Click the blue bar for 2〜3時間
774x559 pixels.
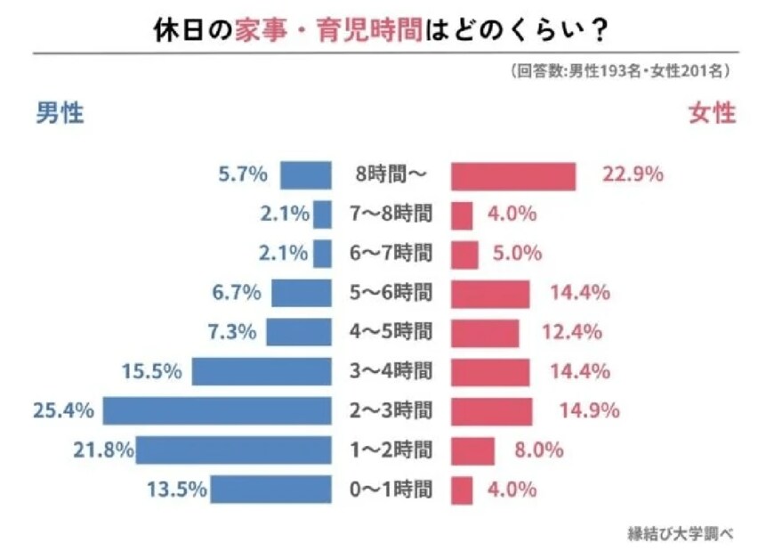tap(216, 410)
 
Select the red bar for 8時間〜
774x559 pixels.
tap(513, 175)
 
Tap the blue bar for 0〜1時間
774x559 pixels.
tap(270, 489)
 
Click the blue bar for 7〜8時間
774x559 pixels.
tap(322, 215)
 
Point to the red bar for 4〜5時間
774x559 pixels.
tap(485, 332)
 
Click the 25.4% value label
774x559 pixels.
tap(63, 410)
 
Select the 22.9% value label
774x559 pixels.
tap(633, 174)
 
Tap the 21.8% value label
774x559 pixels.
tap(103, 450)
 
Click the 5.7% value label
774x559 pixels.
tap(243, 174)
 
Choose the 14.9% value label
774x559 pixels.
tap(588, 410)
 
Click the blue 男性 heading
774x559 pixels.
tap(60, 114)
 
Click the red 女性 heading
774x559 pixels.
tap(712, 114)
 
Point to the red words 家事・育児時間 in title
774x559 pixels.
tap(335, 31)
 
